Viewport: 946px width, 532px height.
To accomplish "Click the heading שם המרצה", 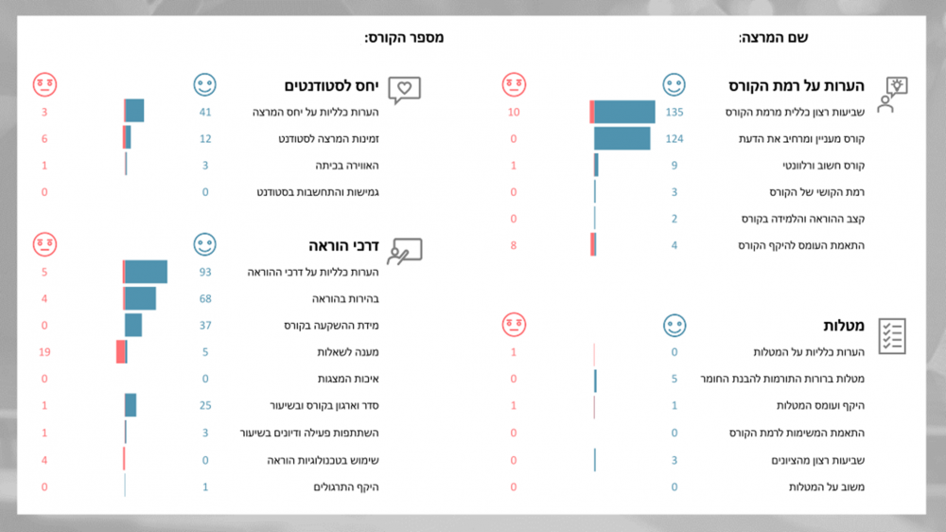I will [x=773, y=38].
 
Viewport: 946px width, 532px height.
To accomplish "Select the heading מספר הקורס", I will [x=404, y=38].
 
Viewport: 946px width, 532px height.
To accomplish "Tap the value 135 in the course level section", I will [x=674, y=113].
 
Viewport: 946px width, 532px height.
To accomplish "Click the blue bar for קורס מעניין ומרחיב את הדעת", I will [x=622, y=139].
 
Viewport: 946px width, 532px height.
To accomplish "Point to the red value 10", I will [x=514, y=113].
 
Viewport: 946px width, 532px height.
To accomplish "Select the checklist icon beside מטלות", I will [x=892, y=335].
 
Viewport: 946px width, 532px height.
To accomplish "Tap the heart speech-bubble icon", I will [x=404, y=90].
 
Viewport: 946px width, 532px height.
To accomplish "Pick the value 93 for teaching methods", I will [x=204, y=273].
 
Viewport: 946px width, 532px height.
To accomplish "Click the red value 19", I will [x=44, y=352].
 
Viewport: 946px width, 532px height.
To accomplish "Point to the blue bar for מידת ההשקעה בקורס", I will [x=133, y=326].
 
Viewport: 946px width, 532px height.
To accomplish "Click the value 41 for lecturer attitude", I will [x=204, y=113].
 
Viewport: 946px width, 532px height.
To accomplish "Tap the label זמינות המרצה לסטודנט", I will [x=328, y=139].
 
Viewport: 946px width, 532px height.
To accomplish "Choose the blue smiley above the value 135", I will [x=674, y=85].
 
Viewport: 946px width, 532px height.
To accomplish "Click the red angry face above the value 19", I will [x=44, y=245].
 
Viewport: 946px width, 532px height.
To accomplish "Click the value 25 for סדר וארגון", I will [x=204, y=406].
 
